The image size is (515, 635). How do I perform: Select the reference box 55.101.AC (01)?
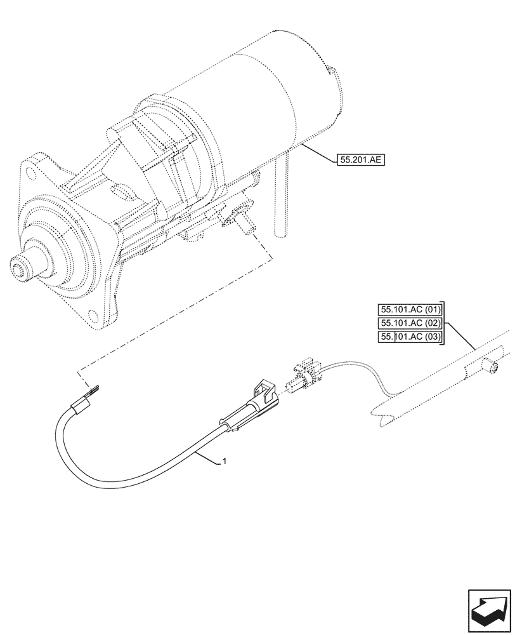[410, 310]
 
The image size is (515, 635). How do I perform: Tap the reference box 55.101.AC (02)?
[410, 323]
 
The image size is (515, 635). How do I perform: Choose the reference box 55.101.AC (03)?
[410, 337]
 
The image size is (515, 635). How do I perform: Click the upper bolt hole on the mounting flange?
[30, 170]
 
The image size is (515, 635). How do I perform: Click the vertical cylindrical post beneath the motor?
[282, 203]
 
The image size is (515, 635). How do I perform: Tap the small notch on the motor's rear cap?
[330, 69]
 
